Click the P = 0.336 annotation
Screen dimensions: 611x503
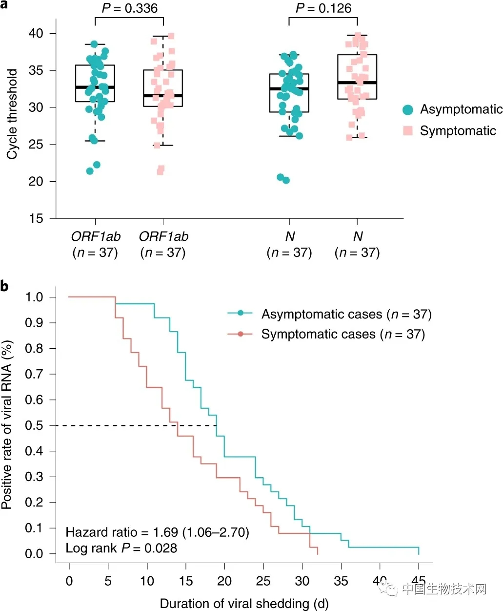(129, 8)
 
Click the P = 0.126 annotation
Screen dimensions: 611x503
(323, 8)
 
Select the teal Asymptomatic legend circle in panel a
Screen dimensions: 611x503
(408, 110)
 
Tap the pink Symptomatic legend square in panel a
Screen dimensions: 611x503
(408, 131)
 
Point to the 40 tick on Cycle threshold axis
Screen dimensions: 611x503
(36, 33)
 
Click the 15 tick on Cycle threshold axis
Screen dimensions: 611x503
(36, 218)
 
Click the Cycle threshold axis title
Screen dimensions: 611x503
(12, 114)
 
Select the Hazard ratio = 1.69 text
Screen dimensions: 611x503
(157, 532)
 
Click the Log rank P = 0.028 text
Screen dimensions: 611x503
(121, 548)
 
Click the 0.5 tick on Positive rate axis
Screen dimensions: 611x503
(34, 425)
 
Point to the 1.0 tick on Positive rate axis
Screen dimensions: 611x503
(34, 297)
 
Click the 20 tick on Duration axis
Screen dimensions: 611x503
(224, 581)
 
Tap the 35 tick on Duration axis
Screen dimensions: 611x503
(341, 581)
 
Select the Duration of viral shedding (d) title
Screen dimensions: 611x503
(244, 604)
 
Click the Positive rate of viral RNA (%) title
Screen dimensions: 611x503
(7, 425)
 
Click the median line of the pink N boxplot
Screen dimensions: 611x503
(357, 83)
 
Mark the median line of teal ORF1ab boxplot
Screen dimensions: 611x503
(95, 87)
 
